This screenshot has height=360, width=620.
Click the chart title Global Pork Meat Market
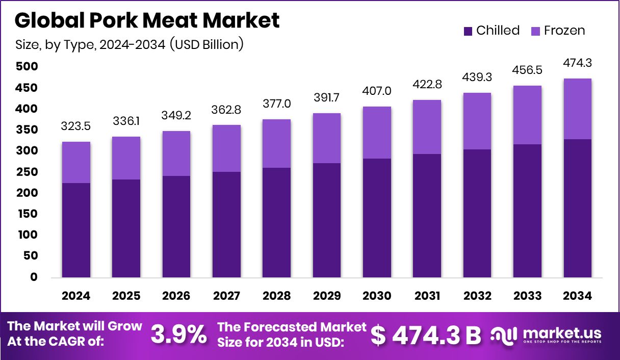[x=147, y=20]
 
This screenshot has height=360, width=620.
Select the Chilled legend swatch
[x=468, y=31]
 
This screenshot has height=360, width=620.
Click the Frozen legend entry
[x=558, y=31]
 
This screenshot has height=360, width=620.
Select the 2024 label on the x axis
[x=76, y=296]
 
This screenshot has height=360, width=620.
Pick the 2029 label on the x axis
[x=326, y=296]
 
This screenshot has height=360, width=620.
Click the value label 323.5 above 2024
[x=76, y=126]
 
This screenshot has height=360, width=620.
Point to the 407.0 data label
[x=377, y=91]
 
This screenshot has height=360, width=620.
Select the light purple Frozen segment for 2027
[x=226, y=148]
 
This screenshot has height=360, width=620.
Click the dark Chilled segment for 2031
[x=427, y=216]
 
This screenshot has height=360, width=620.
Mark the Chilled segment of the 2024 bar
[x=76, y=230]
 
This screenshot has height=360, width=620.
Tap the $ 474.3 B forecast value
[x=426, y=335]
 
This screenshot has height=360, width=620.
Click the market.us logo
[x=546, y=335]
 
